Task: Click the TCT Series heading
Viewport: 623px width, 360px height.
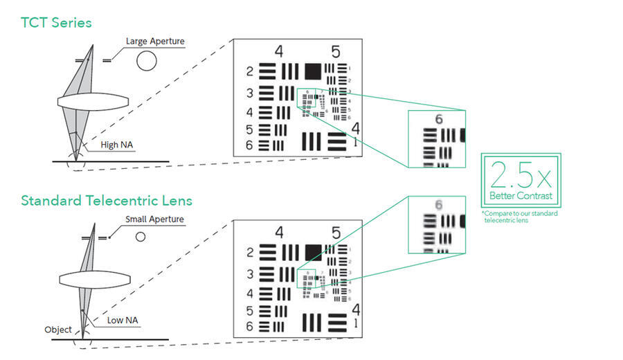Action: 56,23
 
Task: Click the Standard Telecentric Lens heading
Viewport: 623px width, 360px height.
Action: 107,201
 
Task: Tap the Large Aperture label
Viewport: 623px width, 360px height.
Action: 155,42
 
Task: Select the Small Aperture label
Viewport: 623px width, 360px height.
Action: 154,219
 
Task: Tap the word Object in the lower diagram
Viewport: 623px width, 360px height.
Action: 58,330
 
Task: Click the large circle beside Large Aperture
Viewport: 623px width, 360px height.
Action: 146,62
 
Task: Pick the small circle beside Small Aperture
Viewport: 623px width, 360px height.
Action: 140,237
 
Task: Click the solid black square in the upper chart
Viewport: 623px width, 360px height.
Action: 312,71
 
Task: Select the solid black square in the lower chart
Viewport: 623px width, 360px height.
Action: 313,251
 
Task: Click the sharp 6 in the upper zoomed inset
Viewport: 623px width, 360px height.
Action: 438,120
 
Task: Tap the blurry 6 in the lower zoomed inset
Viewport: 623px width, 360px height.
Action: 438,205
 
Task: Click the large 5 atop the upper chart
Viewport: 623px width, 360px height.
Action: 336,52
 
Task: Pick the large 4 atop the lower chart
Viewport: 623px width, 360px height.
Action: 279,232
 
